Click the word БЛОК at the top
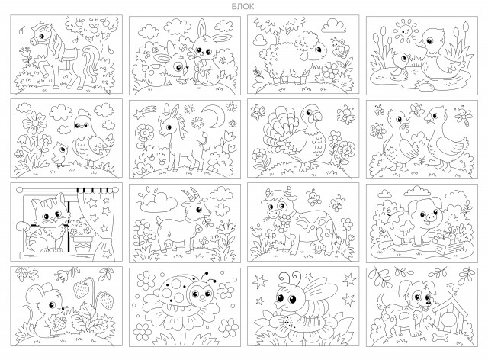tap(242, 6)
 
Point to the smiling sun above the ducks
tap(405, 31)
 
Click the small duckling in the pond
tap(400, 66)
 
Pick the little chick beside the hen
tap(59, 154)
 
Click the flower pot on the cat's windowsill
tap(83, 243)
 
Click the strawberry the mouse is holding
tap(59, 323)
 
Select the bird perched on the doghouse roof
tap(453, 288)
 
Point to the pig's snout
tap(431, 217)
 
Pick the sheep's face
tap(317, 50)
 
